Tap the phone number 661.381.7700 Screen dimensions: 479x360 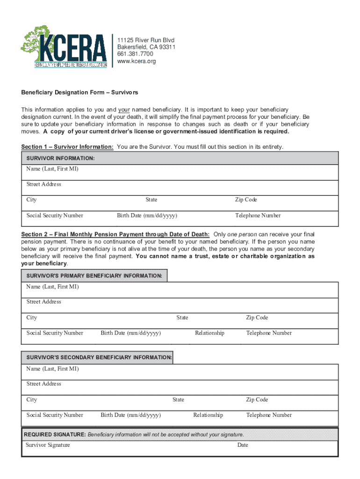tap(135, 54)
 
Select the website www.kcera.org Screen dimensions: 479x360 tap(137, 61)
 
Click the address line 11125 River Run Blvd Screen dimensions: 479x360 tap(146, 40)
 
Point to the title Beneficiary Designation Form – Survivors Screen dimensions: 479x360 tap(79, 93)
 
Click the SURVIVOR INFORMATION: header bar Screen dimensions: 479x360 tap(180, 158)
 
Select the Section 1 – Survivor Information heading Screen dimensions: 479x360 tap(67, 147)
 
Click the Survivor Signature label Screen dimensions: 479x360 tap(48, 445)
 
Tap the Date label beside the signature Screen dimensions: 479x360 tap(243, 445)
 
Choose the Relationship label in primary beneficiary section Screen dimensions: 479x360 tap(209, 333)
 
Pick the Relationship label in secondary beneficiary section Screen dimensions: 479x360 tap(208, 415)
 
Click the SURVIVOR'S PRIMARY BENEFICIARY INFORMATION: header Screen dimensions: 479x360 tap(94, 276)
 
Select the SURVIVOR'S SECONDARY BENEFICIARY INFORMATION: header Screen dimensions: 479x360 tap(97, 357)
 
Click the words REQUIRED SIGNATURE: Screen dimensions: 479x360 tap(55, 435)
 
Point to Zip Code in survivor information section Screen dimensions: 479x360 tap(246, 200)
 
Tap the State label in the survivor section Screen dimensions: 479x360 tap(151, 200)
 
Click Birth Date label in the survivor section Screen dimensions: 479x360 tap(147, 216)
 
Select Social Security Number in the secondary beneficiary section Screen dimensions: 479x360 tap(55, 415)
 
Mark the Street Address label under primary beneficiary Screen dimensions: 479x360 tap(44, 302)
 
